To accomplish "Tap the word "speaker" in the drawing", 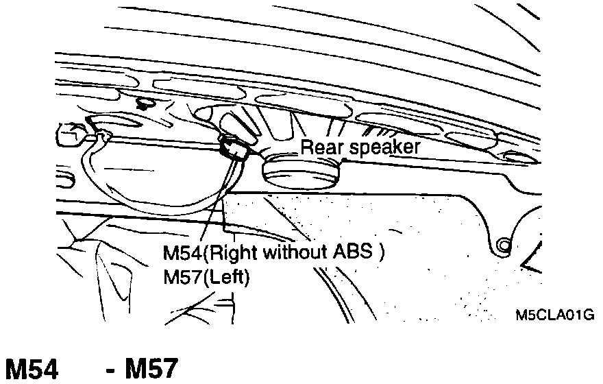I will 381,147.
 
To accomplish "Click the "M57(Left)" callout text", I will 206,278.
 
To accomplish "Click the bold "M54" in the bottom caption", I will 32,370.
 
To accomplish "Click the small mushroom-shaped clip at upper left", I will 145,104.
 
